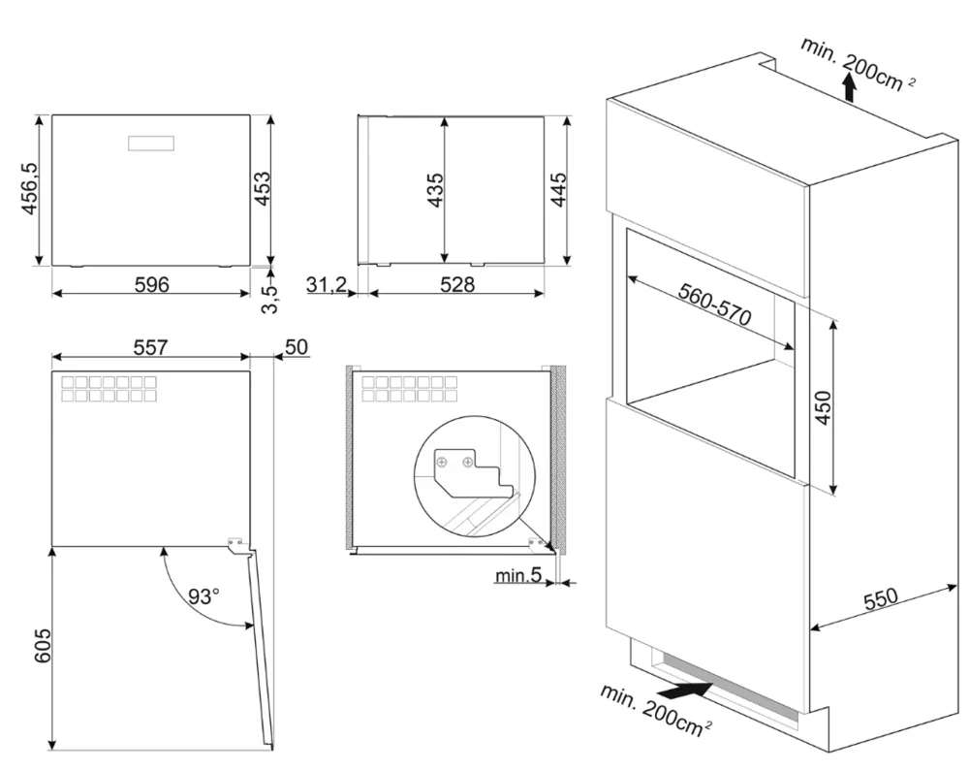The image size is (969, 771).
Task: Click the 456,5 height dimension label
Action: point(29,189)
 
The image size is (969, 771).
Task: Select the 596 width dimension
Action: point(151,284)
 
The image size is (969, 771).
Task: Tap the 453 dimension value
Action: point(260,189)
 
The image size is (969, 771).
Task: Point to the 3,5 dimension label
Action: point(271,295)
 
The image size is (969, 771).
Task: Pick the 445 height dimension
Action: point(557,189)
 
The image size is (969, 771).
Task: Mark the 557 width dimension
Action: point(151,346)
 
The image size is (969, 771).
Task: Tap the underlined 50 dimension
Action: point(297,346)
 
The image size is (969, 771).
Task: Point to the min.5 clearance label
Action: point(517,577)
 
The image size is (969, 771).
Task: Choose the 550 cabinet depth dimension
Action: point(881,598)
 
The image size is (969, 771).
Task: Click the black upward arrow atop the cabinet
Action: point(849,90)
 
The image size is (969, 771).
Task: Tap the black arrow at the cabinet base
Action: point(690,691)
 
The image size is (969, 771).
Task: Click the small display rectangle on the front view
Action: point(151,143)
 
